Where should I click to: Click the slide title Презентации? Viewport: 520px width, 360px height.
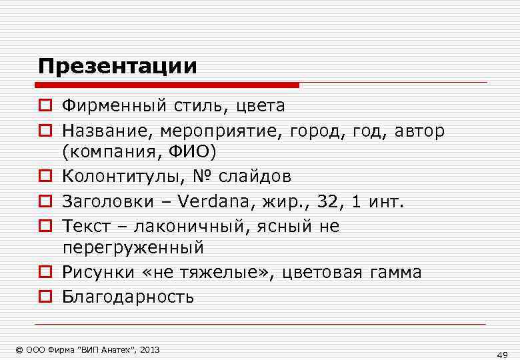point(117,67)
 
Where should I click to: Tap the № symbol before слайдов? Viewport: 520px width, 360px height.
point(203,176)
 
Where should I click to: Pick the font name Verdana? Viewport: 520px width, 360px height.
point(217,201)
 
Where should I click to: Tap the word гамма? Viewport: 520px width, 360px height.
point(394,272)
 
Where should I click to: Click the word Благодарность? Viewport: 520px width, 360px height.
point(128,297)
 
